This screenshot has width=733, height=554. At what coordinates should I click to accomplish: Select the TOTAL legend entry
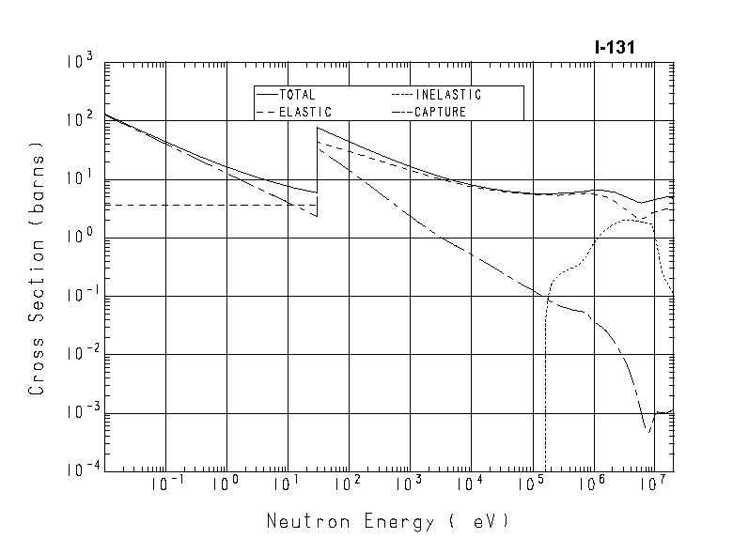click(297, 95)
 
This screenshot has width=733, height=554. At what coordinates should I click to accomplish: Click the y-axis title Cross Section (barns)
click(38, 267)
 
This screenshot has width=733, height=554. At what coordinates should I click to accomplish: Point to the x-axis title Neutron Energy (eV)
click(387, 520)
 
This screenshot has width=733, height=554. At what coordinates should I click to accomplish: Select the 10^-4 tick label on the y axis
click(77, 471)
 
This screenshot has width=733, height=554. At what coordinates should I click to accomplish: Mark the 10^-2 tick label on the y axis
click(77, 355)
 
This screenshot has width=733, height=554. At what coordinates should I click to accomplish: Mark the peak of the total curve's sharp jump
click(318, 127)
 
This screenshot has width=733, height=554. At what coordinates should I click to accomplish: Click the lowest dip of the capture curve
click(647, 430)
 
